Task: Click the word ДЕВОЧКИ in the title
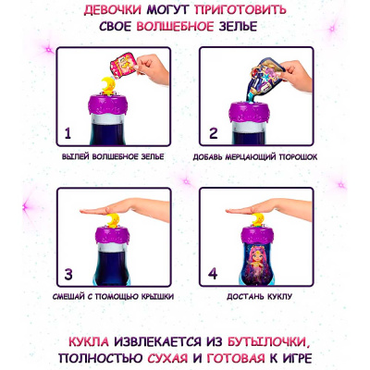(113, 9)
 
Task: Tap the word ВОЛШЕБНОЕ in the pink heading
(175, 27)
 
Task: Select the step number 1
(68, 133)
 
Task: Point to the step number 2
(214, 133)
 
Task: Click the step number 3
(68, 274)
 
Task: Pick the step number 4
(213, 274)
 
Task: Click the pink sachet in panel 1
(123, 65)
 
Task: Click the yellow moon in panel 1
(109, 85)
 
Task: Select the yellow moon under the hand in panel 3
(113, 220)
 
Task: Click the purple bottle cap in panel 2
(250, 111)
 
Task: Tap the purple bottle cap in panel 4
(256, 235)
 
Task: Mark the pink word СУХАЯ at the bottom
(167, 358)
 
